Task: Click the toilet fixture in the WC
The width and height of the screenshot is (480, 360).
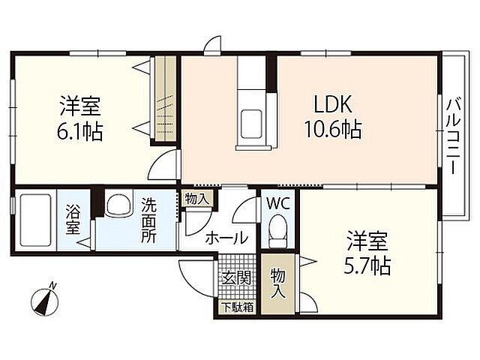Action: click(277, 228)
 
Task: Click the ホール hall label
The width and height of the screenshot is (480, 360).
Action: click(226, 238)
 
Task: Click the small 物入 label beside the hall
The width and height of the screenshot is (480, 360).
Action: click(197, 199)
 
